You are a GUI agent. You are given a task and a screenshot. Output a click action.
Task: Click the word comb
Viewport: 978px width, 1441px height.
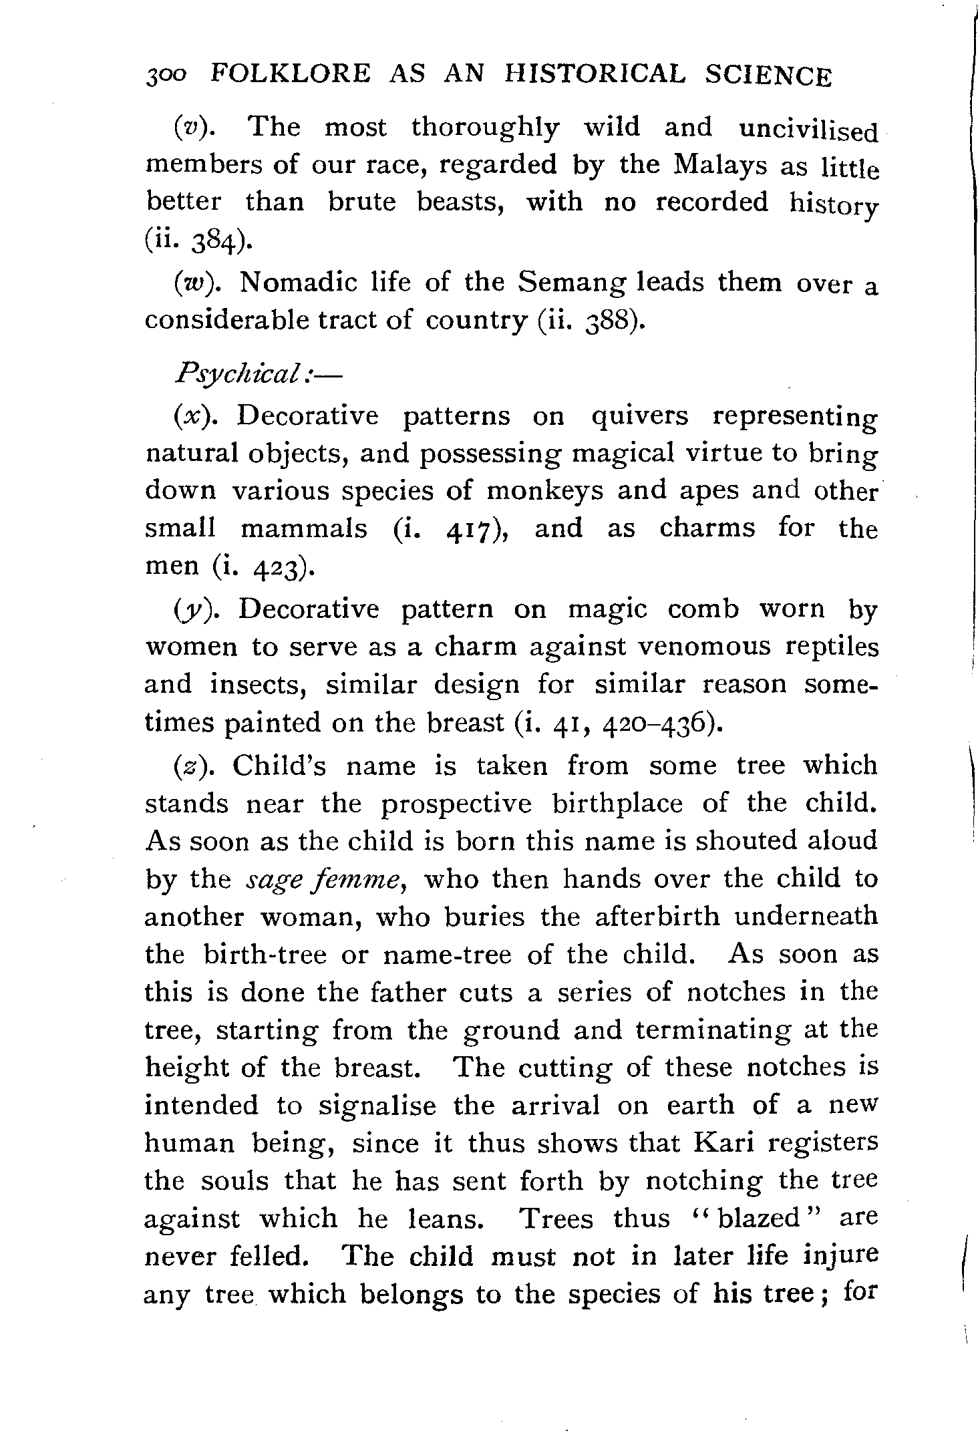[x=703, y=609]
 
